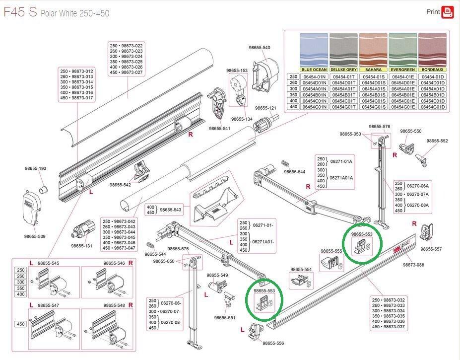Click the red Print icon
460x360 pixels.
[448, 11]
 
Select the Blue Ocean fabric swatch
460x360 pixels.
[314, 50]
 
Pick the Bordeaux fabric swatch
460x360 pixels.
[433, 50]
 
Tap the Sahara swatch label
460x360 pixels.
[373, 70]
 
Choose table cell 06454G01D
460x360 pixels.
[433, 107]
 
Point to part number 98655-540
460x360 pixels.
[259, 48]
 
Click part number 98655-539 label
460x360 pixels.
[35, 236]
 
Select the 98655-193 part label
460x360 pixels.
[35, 168]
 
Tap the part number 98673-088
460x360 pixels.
[413, 265]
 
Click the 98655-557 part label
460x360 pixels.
[431, 249]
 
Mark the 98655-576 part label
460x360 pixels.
[380, 127]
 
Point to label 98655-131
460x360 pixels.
[81, 246]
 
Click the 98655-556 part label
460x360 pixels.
[273, 343]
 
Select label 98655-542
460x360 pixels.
[120, 185]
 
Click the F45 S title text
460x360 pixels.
[20, 12]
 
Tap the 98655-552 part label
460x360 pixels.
[437, 141]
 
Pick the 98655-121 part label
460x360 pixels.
[265, 108]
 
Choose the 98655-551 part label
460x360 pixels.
[225, 317]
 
